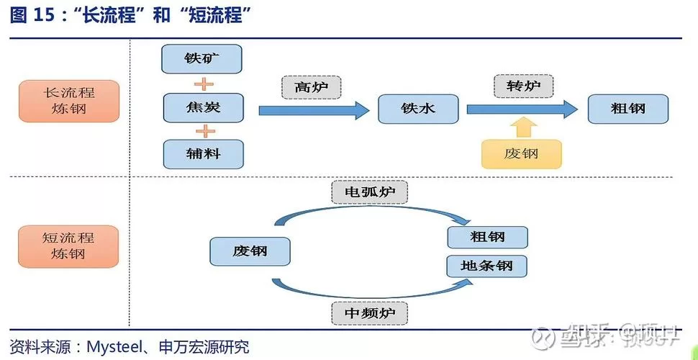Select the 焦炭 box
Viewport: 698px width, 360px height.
(203, 108)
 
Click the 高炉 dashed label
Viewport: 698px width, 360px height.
(311, 87)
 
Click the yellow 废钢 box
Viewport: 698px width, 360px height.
(521, 153)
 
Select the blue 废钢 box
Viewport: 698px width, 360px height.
(250, 251)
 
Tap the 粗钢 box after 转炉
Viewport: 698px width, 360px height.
(627, 109)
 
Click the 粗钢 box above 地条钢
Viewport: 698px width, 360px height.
(487, 237)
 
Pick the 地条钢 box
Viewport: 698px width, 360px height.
(487, 266)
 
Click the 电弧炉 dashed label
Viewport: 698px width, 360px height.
(369, 192)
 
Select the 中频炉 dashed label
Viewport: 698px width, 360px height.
(369, 313)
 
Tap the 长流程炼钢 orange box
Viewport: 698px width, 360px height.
(68, 102)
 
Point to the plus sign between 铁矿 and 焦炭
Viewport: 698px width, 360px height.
(205, 84)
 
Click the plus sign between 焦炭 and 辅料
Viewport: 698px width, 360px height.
(205, 131)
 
